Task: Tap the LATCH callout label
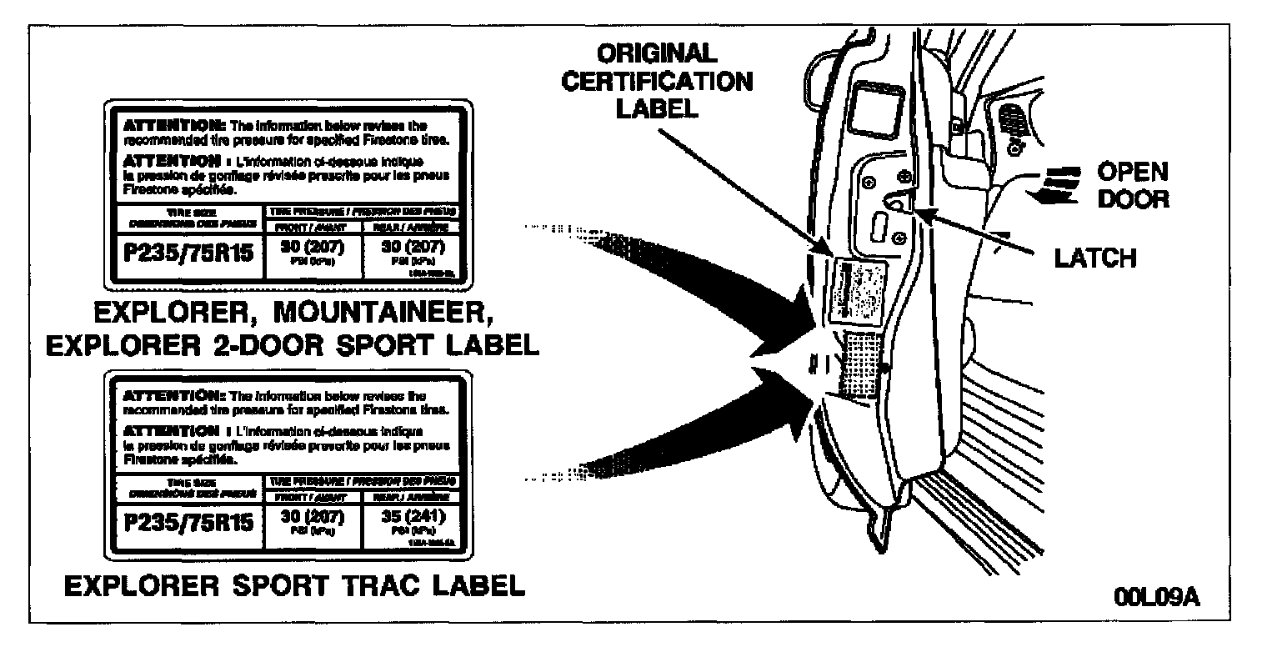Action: pyautogui.click(x=1094, y=258)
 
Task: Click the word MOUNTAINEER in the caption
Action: pyautogui.click(x=401, y=314)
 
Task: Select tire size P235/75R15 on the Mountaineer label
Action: pyautogui.click(x=188, y=253)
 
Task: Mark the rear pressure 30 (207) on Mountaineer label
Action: pyautogui.click(x=410, y=248)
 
